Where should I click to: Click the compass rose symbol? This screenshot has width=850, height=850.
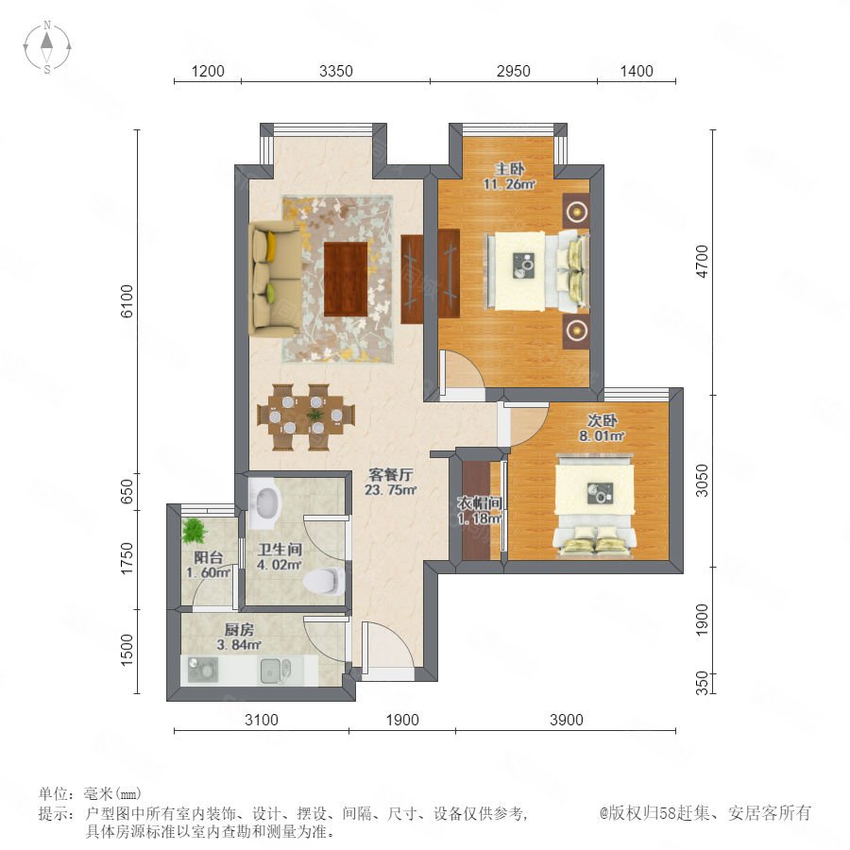pos(47,47)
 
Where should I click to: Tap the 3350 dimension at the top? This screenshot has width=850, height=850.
pos(335,71)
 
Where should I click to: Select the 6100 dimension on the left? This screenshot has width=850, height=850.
pos(127,301)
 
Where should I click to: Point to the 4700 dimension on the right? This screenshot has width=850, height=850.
pos(702,262)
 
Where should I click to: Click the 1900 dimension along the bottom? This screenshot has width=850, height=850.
pos(402,720)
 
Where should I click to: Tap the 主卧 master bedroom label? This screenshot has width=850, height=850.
pos(509,169)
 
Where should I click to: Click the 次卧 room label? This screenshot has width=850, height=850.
pos(602,420)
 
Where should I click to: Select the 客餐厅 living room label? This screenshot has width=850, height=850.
pos(390,475)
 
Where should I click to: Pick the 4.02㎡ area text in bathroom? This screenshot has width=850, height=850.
pos(280,565)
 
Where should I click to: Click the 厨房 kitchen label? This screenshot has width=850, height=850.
pos(239,629)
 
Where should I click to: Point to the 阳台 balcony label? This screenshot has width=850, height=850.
pos(208,557)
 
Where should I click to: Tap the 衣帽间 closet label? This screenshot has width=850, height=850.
pos(479,503)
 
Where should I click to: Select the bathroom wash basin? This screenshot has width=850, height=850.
pos(264,502)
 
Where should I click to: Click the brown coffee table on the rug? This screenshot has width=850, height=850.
pos(346,279)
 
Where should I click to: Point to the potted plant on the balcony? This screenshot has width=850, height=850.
pos(194,531)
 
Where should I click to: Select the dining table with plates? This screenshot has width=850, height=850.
pos(306,416)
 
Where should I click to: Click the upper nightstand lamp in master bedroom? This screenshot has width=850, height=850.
pos(577,210)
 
